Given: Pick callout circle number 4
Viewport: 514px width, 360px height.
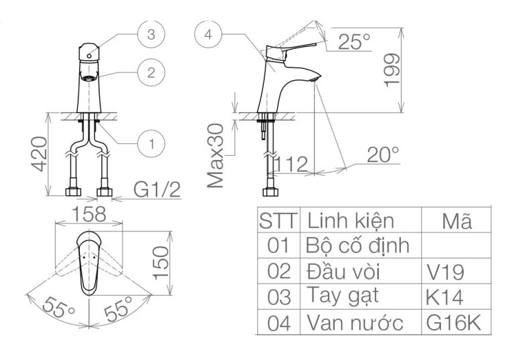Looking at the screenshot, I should pos(209,35).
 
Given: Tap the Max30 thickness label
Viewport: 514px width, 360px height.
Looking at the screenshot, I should pos(216,157).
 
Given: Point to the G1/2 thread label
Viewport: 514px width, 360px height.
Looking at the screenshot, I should pos(157,190).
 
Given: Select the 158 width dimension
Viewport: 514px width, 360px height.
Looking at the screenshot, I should pos(90,214).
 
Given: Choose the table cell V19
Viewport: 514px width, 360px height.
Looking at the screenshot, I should pos(444,271).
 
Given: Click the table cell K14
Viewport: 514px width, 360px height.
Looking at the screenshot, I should pos(444,296).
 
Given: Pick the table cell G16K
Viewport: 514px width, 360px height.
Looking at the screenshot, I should pos(453,323).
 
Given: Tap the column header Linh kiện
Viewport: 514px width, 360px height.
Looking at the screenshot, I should pos(350,220).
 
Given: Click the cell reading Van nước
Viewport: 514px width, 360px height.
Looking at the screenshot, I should pos(355,323).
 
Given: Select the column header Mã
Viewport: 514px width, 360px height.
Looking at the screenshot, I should pos(456,220).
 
